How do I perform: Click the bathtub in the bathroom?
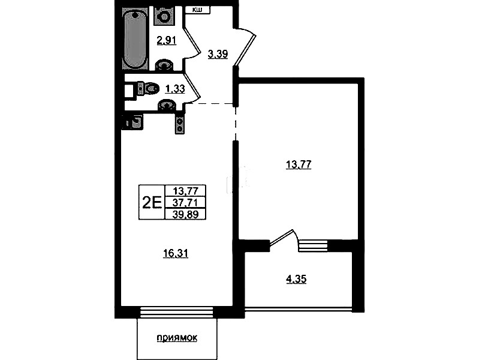(135, 38)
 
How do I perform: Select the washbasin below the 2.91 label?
(165, 65)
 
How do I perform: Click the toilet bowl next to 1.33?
(149, 89)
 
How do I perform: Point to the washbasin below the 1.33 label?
(167, 105)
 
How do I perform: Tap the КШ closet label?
(197, 10)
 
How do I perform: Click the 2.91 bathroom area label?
(167, 40)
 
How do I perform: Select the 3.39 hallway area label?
(218, 55)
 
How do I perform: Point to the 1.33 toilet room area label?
(175, 89)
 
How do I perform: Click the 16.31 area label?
(176, 254)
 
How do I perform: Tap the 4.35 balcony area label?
(296, 279)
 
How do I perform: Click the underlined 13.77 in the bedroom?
(299, 165)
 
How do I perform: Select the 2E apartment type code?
(152, 202)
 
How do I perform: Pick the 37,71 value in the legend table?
(185, 202)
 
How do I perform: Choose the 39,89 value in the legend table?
(185, 214)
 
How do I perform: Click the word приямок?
(177, 338)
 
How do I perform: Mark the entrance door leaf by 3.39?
(245, 50)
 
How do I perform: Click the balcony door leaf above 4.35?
(281, 237)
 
